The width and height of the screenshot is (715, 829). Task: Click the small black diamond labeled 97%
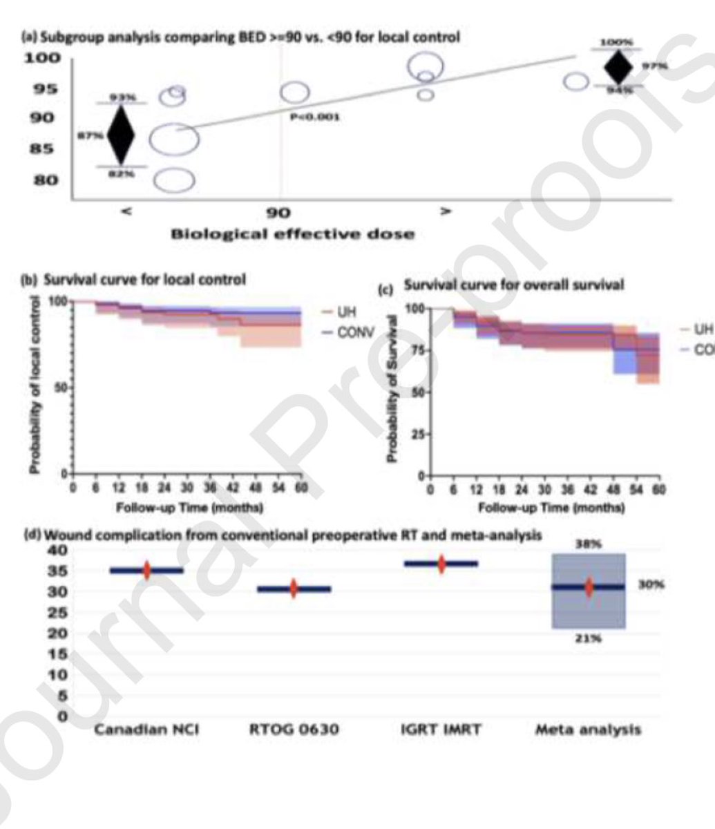[x=618, y=67]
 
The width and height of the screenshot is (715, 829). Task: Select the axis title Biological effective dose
[x=293, y=234]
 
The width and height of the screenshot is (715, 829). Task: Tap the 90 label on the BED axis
[x=279, y=213]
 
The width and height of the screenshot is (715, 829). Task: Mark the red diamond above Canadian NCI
[x=146, y=570]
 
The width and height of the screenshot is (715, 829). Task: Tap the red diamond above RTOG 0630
[x=294, y=589]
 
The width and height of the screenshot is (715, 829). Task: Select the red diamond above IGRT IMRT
[x=441, y=564]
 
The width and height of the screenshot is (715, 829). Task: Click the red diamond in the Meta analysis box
[x=589, y=587]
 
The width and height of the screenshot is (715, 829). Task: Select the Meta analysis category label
[x=589, y=730]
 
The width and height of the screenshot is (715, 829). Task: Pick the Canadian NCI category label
[x=146, y=730]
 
